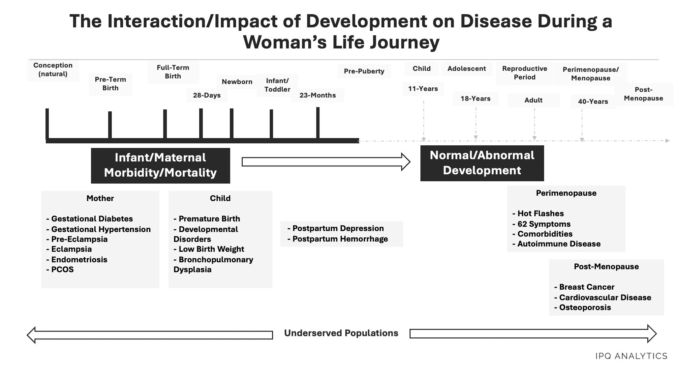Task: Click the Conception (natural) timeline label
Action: (53, 70)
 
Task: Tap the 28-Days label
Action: (207, 95)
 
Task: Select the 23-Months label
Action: (318, 95)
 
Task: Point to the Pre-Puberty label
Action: (364, 71)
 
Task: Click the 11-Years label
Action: (423, 89)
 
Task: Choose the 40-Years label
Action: (593, 101)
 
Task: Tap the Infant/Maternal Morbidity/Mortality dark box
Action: (160, 165)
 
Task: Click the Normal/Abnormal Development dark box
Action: (482, 163)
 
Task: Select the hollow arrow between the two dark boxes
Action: (326, 162)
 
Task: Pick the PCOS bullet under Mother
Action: (60, 270)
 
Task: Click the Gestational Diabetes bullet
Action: (90, 219)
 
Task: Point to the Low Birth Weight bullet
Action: (209, 249)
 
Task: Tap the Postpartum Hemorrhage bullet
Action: (338, 239)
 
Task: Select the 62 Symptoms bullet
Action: (541, 224)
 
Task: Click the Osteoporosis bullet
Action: (583, 307)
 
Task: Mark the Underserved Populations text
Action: (341, 333)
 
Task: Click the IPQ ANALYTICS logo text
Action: (631, 356)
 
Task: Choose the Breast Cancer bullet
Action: (584, 287)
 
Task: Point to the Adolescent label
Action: (467, 69)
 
